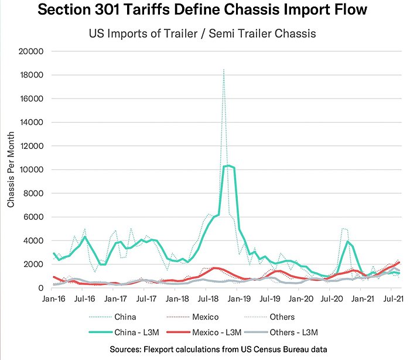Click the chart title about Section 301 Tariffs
(203, 11)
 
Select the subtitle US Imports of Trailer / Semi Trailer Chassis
(203, 33)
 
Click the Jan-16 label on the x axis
(53, 299)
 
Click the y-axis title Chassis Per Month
(11, 170)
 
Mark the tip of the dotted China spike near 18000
(224, 69)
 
